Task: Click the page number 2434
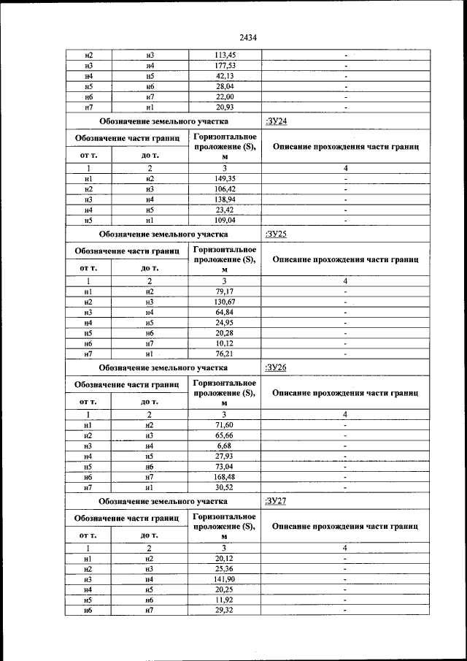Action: (x=247, y=38)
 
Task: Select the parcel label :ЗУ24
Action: (x=277, y=121)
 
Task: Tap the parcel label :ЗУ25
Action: (x=277, y=234)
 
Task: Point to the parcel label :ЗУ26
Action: (x=277, y=367)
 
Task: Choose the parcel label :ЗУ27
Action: (x=277, y=501)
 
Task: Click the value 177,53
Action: (x=225, y=66)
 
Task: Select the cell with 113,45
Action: (x=225, y=55)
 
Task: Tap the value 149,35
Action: (x=225, y=178)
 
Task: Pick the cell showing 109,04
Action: (x=225, y=219)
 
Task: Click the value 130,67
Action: (x=225, y=302)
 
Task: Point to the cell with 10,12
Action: (x=225, y=343)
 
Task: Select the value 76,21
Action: (x=225, y=354)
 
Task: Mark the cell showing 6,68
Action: (x=225, y=446)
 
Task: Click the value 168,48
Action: (x=225, y=476)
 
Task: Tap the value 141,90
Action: (x=225, y=579)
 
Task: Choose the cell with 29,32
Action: (x=225, y=610)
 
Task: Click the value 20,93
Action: (x=225, y=107)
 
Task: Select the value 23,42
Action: (x=225, y=209)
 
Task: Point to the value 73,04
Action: (x=225, y=466)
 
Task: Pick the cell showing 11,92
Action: (x=225, y=600)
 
